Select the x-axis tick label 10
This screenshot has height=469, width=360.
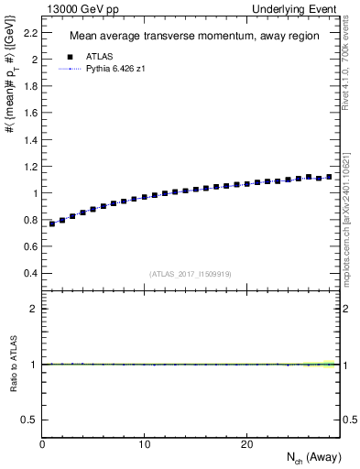tap(144, 444)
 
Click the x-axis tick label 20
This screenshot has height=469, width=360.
tap(246, 444)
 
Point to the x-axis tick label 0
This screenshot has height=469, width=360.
tap(42, 444)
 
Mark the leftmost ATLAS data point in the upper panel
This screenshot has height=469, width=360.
tap(52, 223)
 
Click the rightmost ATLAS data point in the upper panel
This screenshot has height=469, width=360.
tap(330, 176)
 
